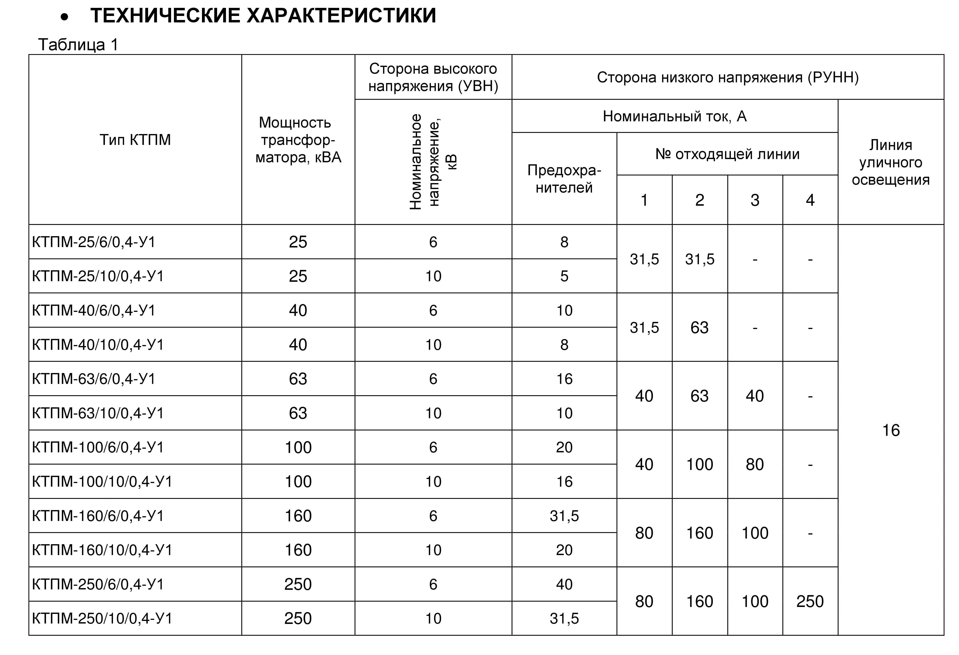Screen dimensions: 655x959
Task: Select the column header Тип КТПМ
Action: [135, 140]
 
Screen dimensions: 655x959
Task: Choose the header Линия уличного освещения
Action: [891, 162]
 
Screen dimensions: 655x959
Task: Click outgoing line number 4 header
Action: [810, 200]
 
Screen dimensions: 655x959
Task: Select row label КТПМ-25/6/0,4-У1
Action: [94, 242]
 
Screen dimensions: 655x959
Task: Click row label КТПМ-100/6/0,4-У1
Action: [98, 447]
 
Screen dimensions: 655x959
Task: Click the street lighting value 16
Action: [891, 430]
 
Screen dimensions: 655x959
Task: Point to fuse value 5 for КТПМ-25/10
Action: [564, 276]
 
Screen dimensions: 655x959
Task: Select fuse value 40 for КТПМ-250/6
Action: [564, 584]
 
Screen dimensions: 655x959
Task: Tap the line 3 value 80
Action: [755, 464]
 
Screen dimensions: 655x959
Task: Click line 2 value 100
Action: [700, 464]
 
